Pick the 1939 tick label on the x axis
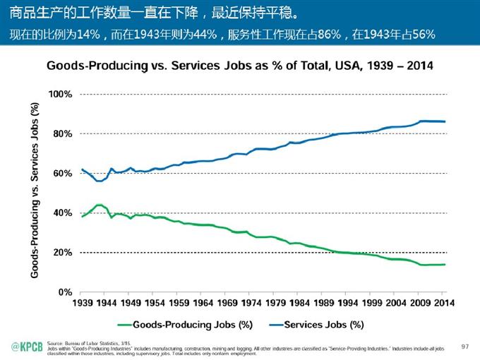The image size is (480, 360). (x=82, y=303)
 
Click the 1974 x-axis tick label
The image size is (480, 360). (x=252, y=303)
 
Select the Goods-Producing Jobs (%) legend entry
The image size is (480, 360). (x=186, y=325)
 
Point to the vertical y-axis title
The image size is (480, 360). (x=35, y=189)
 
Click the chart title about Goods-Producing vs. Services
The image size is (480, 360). (x=239, y=66)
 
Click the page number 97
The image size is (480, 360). (x=464, y=346)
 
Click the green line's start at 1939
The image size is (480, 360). (x=82, y=217)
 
